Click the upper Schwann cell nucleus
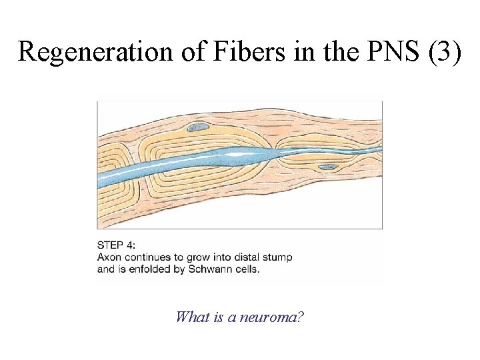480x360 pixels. (197, 127)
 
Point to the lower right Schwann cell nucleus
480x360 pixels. (327, 167)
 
